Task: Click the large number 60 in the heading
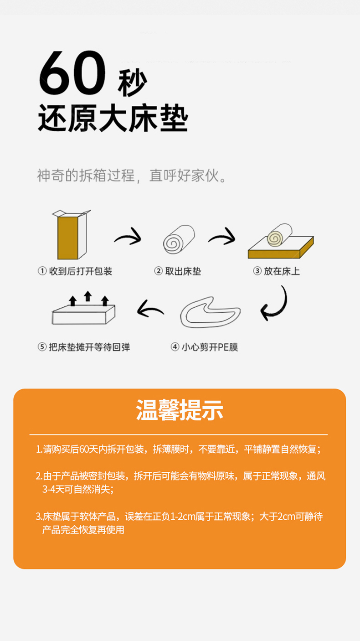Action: coord(72,72)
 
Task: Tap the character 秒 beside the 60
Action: coord(133,83)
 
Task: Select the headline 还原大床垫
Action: coord(113,118)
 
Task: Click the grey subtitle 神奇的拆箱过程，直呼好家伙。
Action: coord(132,176)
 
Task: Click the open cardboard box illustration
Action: coord(71,234)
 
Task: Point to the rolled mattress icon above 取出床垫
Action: coord(179,239)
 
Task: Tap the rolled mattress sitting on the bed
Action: coord(280,235)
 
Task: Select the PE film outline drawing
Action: coord(210,312)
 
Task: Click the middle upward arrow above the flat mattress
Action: coord(88,296)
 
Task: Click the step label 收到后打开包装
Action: coord(81,271)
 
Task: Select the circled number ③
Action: coord(257,271)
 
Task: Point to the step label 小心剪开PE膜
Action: coord(210,347)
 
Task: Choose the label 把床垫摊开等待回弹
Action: coord(89,347)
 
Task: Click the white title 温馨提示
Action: coord(180,410)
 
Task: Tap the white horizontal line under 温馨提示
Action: coord(179,434)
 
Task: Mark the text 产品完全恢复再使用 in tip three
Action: coord(83,530)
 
